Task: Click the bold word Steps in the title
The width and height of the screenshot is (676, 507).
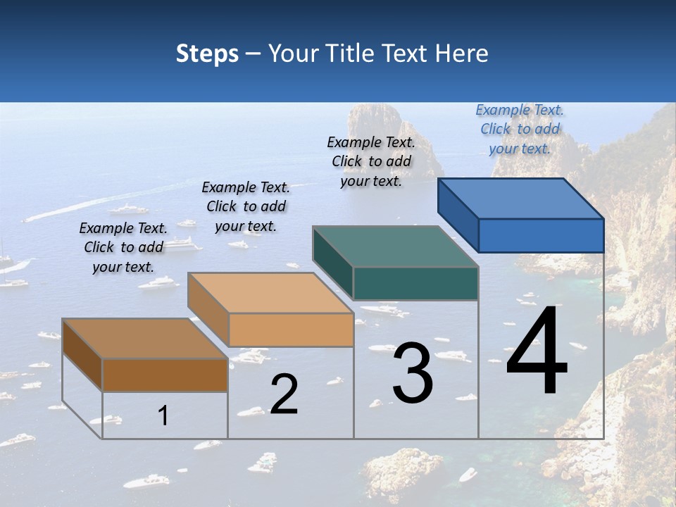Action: point(207,54)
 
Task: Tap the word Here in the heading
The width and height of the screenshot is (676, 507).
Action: point(461,54)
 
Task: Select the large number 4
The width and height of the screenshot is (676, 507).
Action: point(537,352)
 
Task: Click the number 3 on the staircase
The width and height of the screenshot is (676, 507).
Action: point(413,373)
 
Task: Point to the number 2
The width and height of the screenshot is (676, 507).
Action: point(284,394)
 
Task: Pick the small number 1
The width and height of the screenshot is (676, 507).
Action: point(163,415)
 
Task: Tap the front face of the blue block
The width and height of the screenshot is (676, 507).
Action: point(541,235)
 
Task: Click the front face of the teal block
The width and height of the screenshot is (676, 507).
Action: point(415,283)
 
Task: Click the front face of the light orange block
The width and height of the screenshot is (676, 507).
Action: point(291,330)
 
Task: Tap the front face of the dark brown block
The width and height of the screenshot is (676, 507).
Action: point(165,375)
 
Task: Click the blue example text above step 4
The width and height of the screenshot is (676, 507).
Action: point(520,130)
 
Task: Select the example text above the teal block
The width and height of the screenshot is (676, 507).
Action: point(371,162)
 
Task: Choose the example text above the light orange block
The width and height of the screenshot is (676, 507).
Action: point(246,206)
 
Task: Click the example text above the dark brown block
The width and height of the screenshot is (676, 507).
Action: point(123,247)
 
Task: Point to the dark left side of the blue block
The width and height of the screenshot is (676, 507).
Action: point(458,215)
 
